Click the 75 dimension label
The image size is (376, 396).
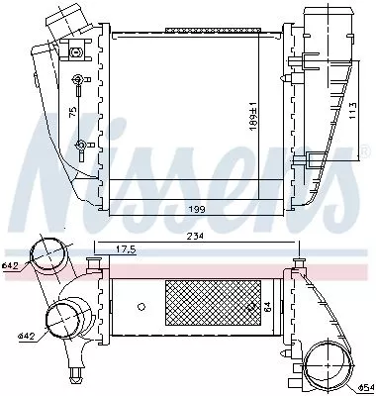point(72,113)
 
